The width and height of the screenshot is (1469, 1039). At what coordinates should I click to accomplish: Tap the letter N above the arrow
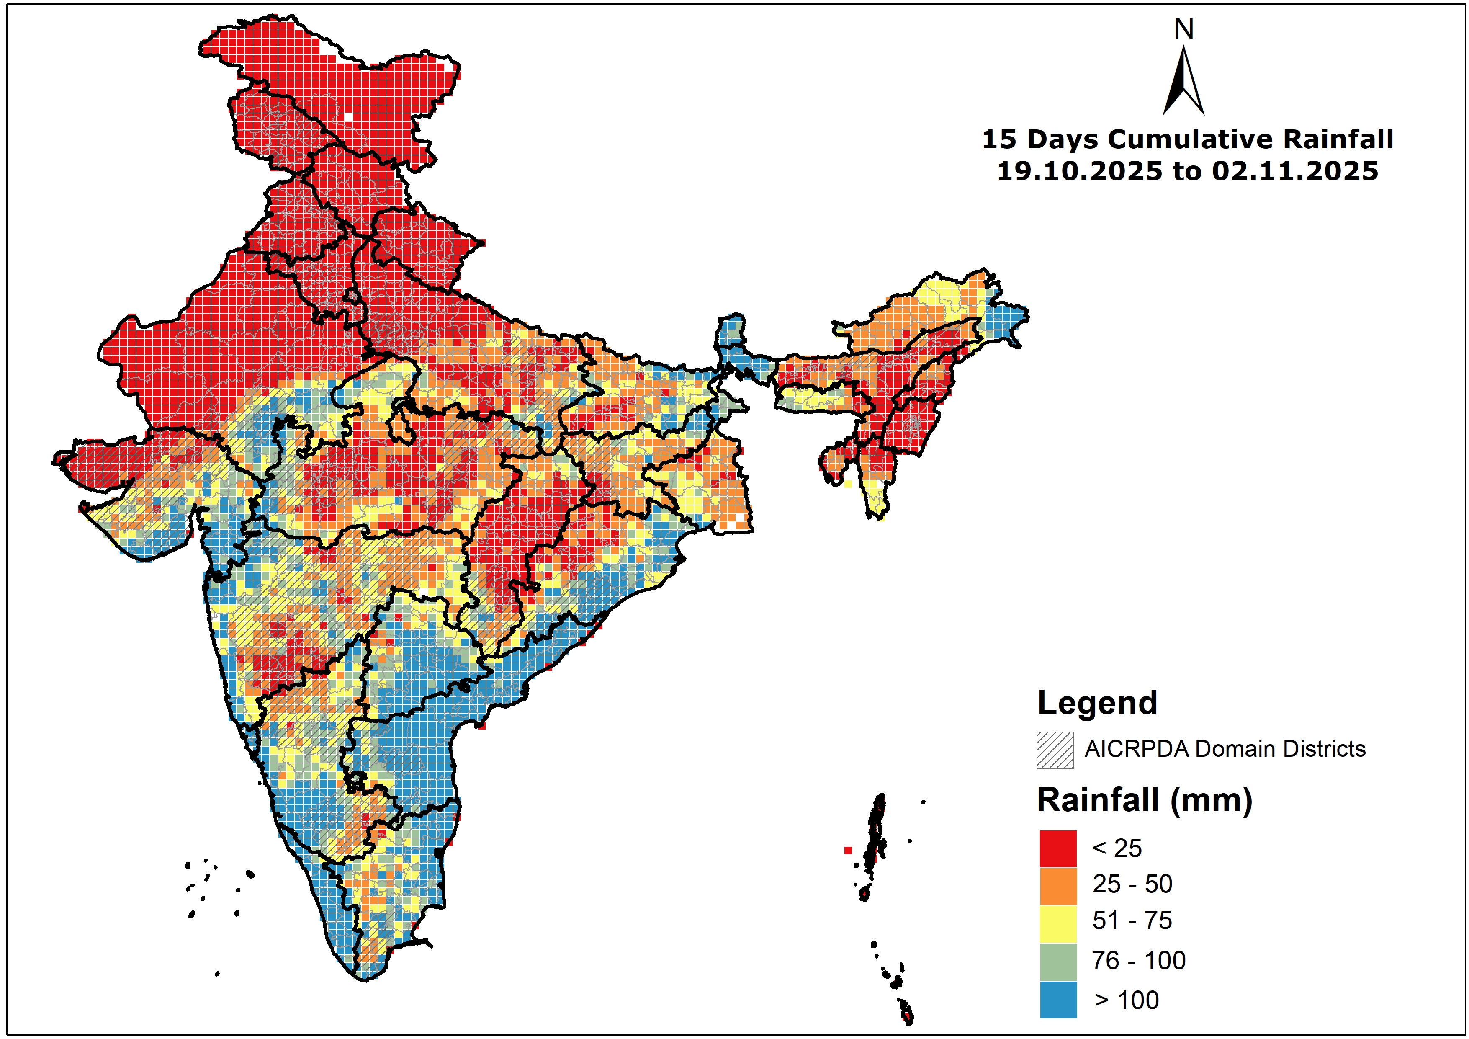tap(1183, 29)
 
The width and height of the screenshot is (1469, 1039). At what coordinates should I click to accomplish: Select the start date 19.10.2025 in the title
tap(1079, 172)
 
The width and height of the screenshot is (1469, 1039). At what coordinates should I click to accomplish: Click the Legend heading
tap(1097, 703)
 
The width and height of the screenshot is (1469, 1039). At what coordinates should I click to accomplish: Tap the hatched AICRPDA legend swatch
tap(1055, 750)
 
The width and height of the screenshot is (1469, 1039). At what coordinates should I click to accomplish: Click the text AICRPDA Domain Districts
tap(1225, 749)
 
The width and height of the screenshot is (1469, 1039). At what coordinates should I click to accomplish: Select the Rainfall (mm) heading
tap(1144, 800)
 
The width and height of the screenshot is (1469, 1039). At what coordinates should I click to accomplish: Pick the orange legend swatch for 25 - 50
tap(1058, 885)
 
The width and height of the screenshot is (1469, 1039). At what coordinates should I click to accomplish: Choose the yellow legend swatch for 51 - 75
tap(1058, 923)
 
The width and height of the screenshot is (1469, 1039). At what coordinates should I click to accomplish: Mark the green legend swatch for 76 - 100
tap(1058, 962)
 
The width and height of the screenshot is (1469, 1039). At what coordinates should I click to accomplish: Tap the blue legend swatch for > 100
tap(1058, 999)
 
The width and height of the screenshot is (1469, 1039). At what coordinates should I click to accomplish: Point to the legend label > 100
tap(1127, 1000)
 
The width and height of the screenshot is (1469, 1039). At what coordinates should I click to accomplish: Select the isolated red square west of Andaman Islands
tap(848, 850)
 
